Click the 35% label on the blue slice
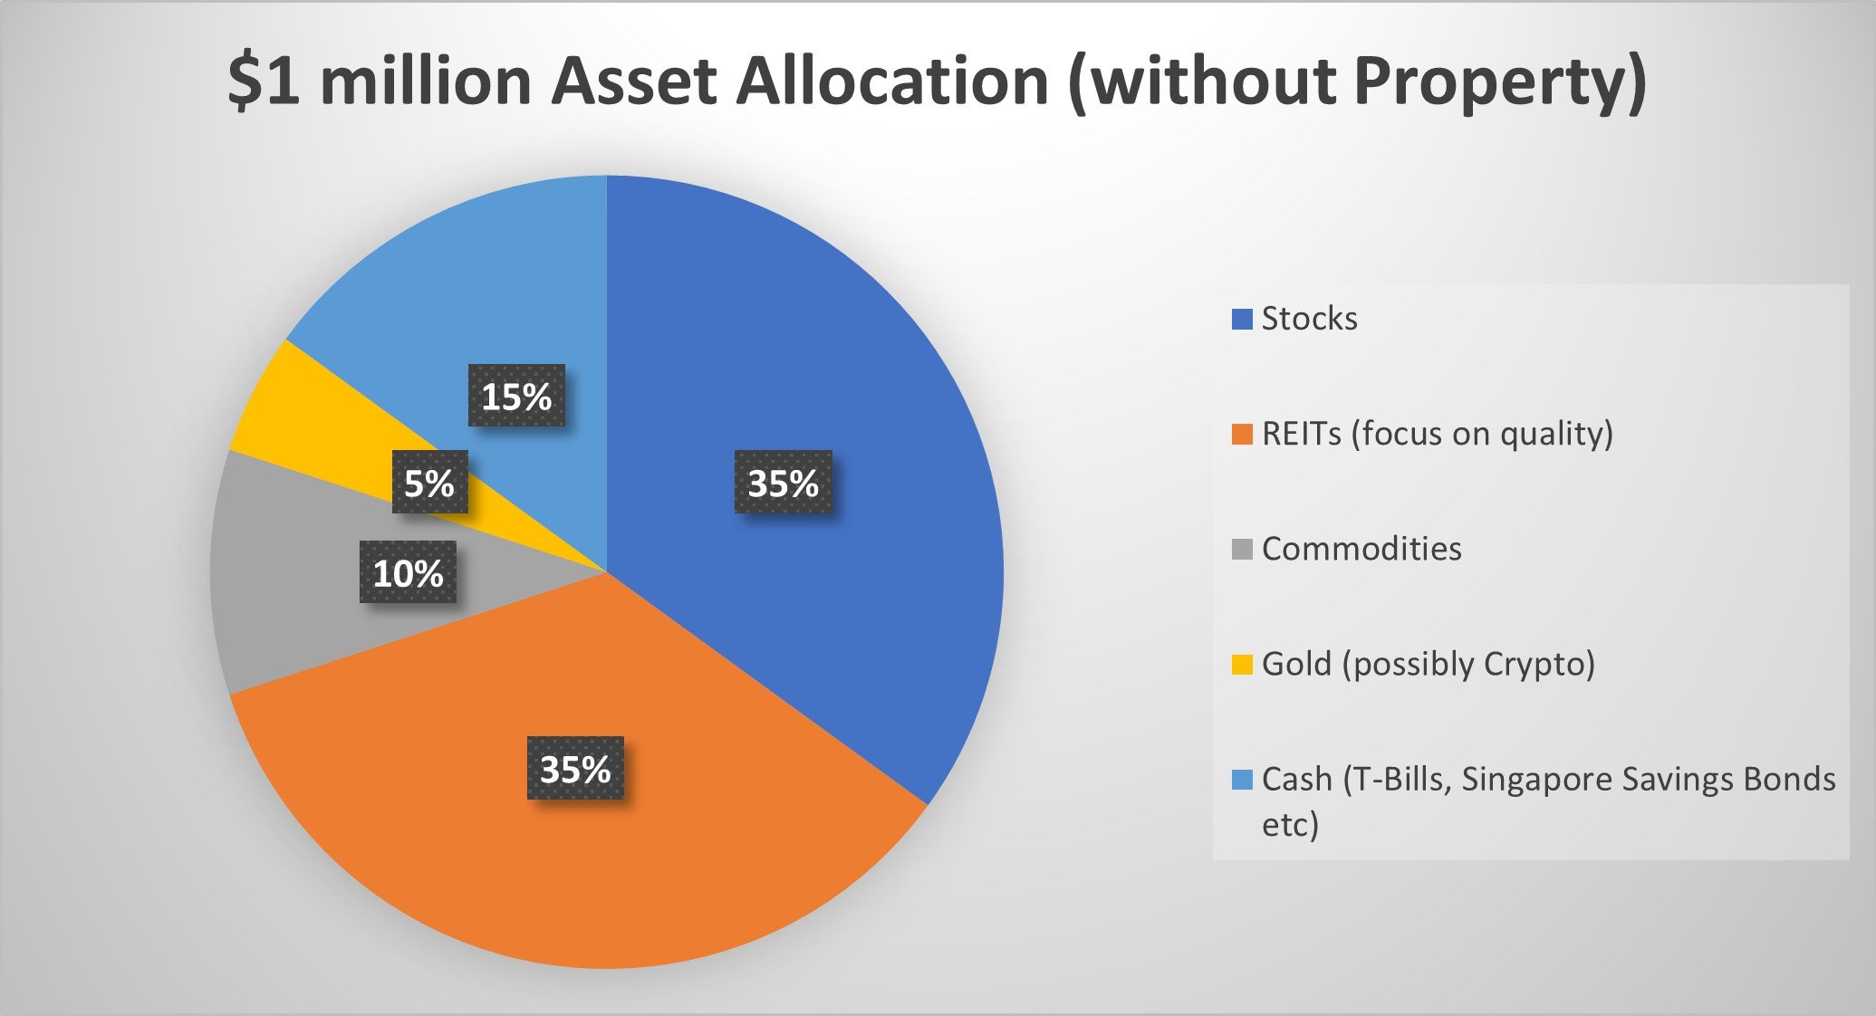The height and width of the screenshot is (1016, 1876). pos(784,483)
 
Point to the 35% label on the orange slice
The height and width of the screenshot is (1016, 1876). pos(575,768)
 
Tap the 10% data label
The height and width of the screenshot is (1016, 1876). pos(408,572)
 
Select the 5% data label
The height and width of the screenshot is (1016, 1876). pos(429,482)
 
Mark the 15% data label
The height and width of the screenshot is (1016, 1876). pos(516,395)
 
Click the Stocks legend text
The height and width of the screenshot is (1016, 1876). pos(1309,319)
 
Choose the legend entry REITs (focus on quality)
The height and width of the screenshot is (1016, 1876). pos(1438,435)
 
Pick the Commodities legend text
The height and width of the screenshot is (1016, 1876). pos(1361,549)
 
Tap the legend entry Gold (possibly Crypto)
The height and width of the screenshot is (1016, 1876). pos(1429,665)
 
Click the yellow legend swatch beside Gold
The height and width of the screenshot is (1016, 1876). pos(1242,665)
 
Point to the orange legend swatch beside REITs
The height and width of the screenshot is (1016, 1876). pos(1242,434)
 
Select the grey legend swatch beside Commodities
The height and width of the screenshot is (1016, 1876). pos(1242,549)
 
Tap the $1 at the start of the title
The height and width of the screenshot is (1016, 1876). pos(265,81)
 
